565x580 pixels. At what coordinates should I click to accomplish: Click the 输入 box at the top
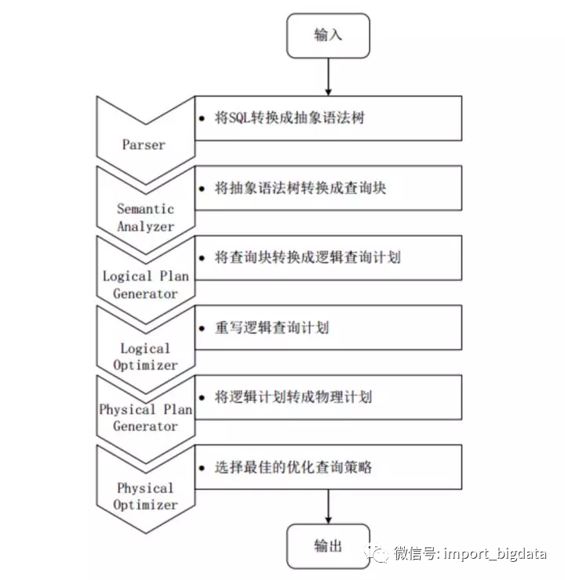click(x=328, y=35)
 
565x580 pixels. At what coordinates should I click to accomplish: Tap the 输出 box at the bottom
click(x=328, y=545)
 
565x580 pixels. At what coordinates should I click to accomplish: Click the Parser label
click(x=144, y=144)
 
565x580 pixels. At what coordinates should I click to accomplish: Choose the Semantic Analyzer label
click(x=145, y=217)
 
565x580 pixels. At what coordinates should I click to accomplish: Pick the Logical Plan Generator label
click(x=145, y=285)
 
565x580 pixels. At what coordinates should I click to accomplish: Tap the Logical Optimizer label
click(x=145, y=356)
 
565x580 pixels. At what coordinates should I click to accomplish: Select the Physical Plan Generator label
click(x=145, y=418)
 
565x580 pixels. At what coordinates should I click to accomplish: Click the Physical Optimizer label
click(x=145, y=496)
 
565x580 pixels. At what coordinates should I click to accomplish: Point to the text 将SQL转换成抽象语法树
click(x=290, y=119)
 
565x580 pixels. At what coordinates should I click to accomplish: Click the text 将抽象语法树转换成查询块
click(x=301, y=188)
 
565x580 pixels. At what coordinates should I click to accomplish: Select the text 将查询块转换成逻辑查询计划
click(x=308, y=257)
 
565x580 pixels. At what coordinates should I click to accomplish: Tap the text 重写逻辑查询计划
click(x=272, y=327)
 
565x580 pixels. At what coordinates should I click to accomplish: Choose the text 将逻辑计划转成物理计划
click(x=293, y=397)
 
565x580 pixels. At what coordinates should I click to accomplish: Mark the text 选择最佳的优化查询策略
click(x=293, y=467)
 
